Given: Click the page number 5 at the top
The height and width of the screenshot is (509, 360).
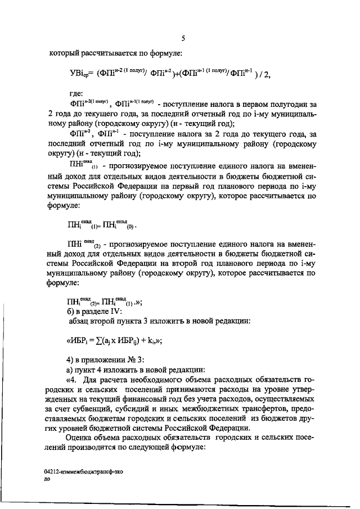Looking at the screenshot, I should (x=183, y=38).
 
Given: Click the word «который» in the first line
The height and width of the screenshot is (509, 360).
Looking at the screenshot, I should (x=65, y=53).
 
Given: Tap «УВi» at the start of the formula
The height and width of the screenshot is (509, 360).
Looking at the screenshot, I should (x=75, y=74).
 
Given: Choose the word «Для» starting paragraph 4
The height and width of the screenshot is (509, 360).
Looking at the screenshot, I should (x=89, y=381).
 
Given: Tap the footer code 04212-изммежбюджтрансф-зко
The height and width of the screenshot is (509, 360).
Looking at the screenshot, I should (x=83, y=474).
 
